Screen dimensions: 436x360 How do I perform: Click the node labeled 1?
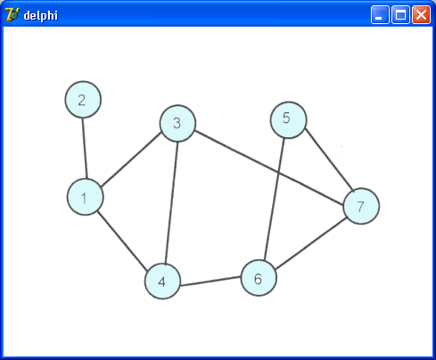86,197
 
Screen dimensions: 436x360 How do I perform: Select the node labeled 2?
83,100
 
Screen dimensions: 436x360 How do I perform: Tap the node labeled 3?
177,123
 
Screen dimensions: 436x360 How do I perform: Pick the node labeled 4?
162,281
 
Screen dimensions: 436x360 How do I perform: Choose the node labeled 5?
288,120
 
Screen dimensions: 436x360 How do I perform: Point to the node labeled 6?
259,278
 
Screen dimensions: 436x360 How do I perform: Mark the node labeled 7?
361,206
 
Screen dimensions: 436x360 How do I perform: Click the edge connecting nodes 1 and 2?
85,148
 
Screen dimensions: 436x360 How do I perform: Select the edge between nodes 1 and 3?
131,160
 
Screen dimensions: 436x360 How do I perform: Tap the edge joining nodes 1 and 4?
122,241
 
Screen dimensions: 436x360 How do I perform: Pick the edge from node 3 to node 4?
171,202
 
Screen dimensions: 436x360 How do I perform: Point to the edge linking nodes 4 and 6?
210,282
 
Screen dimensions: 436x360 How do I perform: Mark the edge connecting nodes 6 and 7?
311,243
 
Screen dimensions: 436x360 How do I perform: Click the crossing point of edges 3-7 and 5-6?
279,172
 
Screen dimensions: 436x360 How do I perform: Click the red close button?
421,14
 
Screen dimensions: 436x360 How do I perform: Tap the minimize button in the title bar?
380,14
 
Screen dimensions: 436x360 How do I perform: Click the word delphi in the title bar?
41,15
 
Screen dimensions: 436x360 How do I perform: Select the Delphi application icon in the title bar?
12,14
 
